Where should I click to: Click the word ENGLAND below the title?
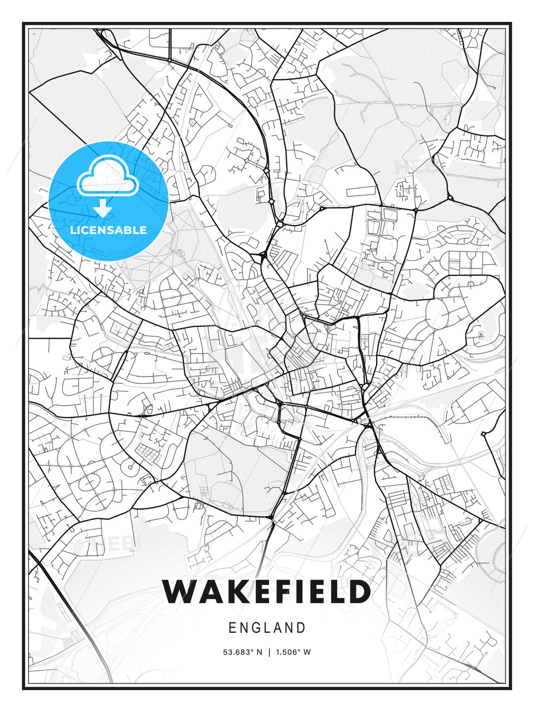coord(267,628)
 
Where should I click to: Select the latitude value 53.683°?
coord(239,652)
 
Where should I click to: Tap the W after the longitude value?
coord(307,652)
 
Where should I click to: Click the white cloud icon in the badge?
coord(107,177)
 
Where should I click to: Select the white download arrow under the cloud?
coord(103,208)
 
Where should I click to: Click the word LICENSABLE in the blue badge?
coord(108,230)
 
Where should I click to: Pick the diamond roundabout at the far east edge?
coord(483,434)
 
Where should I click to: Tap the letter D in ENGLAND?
coord(301,628)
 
